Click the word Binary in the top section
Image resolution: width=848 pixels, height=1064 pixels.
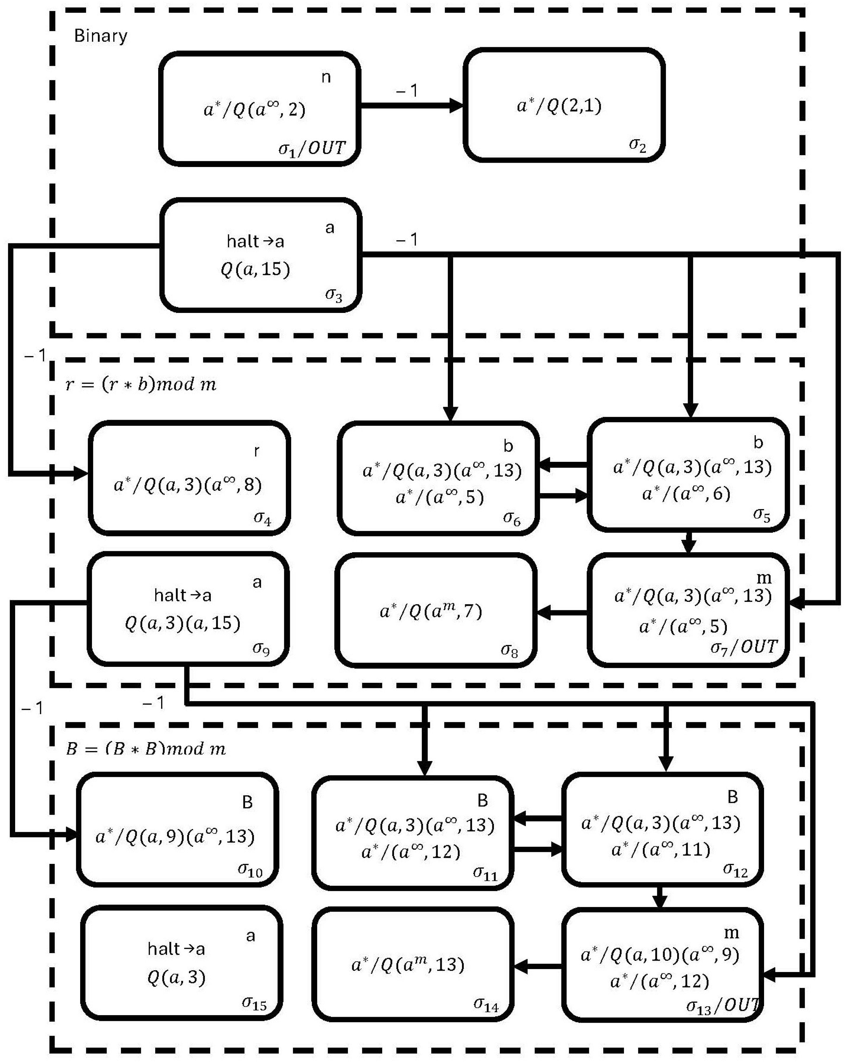(101, 36)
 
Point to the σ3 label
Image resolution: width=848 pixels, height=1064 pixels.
(334, 295)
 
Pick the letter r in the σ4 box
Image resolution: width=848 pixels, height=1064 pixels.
(256, 451)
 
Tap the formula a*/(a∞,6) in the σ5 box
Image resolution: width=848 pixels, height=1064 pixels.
(686, 493)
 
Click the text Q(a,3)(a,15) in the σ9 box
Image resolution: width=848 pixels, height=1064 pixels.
(183, 623)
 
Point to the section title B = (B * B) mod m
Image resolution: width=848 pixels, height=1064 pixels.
(146, 749)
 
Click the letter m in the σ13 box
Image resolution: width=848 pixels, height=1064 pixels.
(731, 932)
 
